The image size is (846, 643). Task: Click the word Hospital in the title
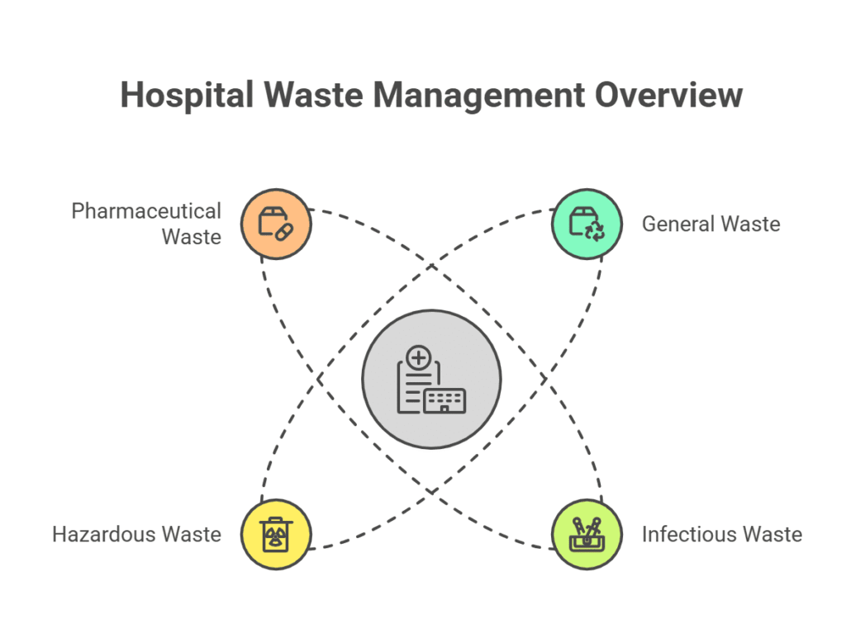[x=187, y=96]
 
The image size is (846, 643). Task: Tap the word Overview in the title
[x=669, y=95]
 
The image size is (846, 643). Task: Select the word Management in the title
[x=479, y=97]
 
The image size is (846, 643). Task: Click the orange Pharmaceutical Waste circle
[x=276, y=224]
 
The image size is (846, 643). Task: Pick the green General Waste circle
[x=587, y=224]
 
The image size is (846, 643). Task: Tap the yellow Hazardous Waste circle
[x=276, y=534]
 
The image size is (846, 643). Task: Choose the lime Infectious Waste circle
[x=587, y=534]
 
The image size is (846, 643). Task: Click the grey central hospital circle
[x=431, y=379]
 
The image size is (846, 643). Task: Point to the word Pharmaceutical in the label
[x=146, y=210]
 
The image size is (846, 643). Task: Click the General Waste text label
[x=711, y=224]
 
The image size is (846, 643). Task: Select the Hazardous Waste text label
[x=137, y=534]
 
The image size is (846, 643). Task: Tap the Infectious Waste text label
[x=722, y=534]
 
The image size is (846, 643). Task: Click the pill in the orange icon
[x=284, y=232]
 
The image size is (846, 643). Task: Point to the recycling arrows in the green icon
[x=595, y=231]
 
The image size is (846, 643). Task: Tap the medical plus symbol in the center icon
[x=419, y=357]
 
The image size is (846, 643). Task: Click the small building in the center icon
[x=444, y=400]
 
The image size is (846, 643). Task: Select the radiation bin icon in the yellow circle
[x=276, y=534]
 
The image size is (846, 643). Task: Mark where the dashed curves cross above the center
[x=431, y=266]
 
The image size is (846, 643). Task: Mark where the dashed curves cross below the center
[x=431, y=492]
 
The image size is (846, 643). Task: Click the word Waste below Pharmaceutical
[x=192, y=237]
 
